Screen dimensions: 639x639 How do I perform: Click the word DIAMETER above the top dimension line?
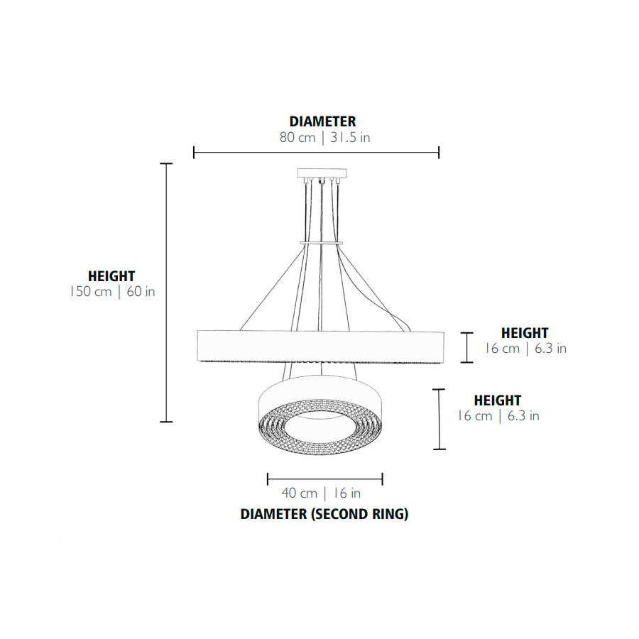pyautogui.click(x=322, y=121)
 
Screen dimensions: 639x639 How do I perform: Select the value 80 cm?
pyautogui.click(x=297, y=137)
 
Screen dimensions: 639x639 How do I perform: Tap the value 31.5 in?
pyautogui.click(x=350, y=137)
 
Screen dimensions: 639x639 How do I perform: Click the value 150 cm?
pyautogui.click(x=90, y=291)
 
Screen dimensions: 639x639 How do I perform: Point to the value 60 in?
pyautogui.click(x=141, y=291)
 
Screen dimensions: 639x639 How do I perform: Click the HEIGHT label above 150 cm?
pyautogui.click(x=111, y=276)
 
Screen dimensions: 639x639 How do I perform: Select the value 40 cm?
pyautogui.click(x=299, y=493)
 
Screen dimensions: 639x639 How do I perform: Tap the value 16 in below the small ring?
pyautogui.click(x=346, y=493)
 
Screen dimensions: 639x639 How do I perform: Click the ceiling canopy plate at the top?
pyautogui.click(x=322, y=174)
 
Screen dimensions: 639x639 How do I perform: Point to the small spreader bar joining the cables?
pyautogui.click(x=321, y=244)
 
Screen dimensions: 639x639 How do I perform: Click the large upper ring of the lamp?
pyautogui.click(x=321, y=346)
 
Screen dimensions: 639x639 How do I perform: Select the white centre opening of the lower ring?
pyautogui.click(x=321, y=427)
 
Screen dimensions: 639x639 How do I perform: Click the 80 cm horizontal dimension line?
pyautogui.click(x=316, y=153)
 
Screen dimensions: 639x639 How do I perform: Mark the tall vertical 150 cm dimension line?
pyautogui.click(x=166, y=293)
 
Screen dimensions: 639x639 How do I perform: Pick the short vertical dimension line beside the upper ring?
pyautogui.click(x=467, y=348)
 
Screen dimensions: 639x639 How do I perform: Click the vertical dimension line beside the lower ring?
pyautogui.click(x=439, y=420)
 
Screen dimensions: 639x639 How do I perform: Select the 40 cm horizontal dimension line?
pyautogui.click(x=324, y=479)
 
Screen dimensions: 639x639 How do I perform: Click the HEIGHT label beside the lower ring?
pyautogui.click(x=498, y=400)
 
